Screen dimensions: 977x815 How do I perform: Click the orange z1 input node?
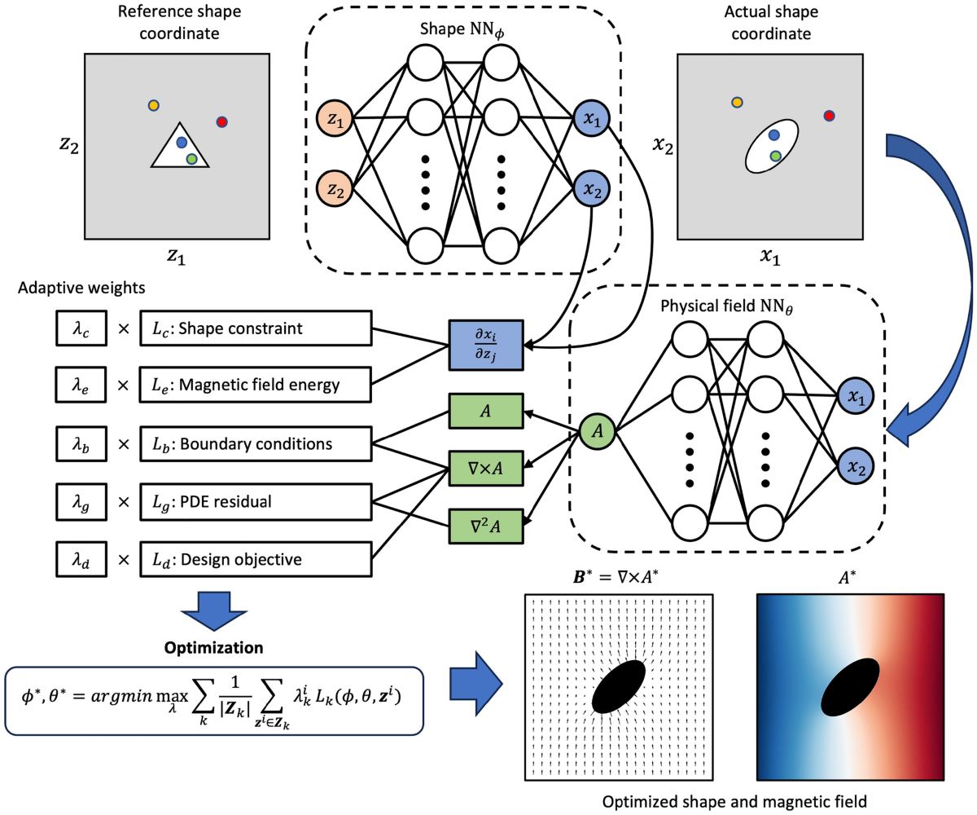335,118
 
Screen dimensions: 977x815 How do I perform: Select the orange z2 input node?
335,189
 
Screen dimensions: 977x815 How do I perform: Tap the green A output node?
597,431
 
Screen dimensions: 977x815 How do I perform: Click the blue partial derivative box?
486,346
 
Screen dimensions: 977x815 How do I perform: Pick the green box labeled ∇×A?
486,468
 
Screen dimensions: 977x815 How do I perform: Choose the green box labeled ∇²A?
486,526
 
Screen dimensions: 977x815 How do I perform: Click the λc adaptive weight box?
81,328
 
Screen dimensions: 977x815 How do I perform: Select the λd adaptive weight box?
81,559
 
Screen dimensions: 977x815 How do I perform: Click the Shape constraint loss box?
256,328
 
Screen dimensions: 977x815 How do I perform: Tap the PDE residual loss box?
256,502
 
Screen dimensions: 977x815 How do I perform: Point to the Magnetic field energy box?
255,385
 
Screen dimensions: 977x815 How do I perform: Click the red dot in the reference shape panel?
221,122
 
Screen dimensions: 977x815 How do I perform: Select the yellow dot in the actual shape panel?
737,102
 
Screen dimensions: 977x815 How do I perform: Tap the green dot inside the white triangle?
191,159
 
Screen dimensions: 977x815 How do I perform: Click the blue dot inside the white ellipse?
774,135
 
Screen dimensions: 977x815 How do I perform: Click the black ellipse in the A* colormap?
850,687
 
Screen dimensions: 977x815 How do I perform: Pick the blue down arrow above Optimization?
214,610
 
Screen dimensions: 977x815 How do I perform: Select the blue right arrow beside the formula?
475,684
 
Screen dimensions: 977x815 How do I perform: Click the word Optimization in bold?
213,647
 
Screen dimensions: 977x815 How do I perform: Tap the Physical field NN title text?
726,306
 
